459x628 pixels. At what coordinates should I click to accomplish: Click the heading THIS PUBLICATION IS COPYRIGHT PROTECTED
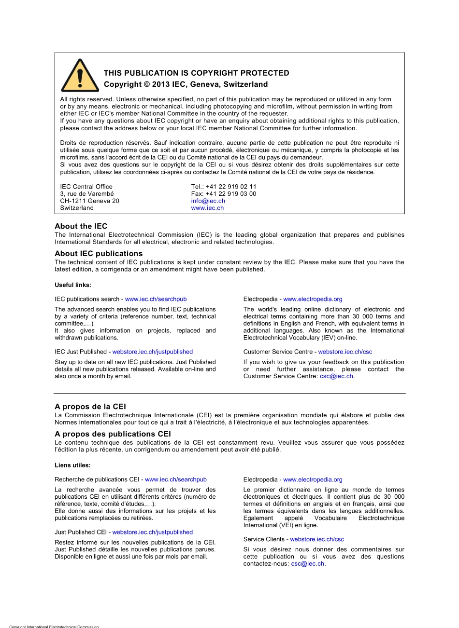point(196,73)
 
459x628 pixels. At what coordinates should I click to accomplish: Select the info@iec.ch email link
point(208,201)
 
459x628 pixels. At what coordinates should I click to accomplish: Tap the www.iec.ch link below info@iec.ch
point(207,208)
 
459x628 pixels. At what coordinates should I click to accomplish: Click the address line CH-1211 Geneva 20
point(89,201)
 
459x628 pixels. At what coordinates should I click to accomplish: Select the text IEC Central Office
point(86,187)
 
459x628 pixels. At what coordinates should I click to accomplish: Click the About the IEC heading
point(81,226)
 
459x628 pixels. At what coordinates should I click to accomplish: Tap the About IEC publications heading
point(99,254)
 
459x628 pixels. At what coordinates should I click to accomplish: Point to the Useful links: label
point(73,285)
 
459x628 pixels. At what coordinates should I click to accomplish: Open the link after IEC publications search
point(156,299)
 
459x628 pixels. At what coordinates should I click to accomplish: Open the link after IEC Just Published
point(152,352)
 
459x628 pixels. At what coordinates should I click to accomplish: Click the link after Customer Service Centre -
point(345,352)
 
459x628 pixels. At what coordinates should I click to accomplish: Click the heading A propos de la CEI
point(90,407)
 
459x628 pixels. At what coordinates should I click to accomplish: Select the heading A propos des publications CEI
point(113,434)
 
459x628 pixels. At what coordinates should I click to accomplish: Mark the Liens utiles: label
point(72,465)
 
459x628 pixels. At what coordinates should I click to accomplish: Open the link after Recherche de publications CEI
point(175,480)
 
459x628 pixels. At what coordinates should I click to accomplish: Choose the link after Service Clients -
point(317,540)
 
